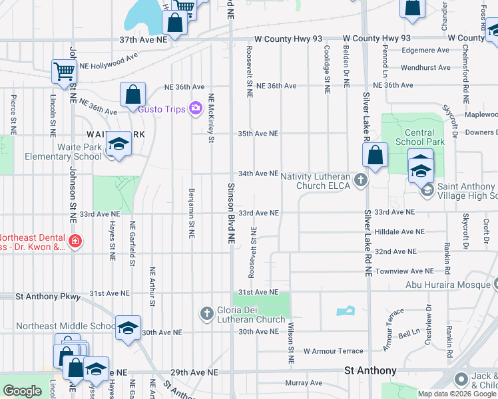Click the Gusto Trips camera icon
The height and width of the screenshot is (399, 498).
(195, 108)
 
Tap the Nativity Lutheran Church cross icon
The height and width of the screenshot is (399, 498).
(360, 180)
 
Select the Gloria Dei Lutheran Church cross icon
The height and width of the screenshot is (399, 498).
(206, 313)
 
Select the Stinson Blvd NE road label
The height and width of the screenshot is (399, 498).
(232, 211)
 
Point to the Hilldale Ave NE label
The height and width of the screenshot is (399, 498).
(399, 232)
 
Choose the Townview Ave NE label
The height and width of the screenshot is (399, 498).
(404, 271)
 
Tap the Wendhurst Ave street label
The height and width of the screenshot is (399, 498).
(425, 67)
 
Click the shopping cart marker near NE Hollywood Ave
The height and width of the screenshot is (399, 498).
(64, 72)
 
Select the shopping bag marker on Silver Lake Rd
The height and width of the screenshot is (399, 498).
(375, 156)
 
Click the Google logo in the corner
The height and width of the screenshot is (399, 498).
(22, 391)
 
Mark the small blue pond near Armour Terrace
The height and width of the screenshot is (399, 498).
(346, 311)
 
